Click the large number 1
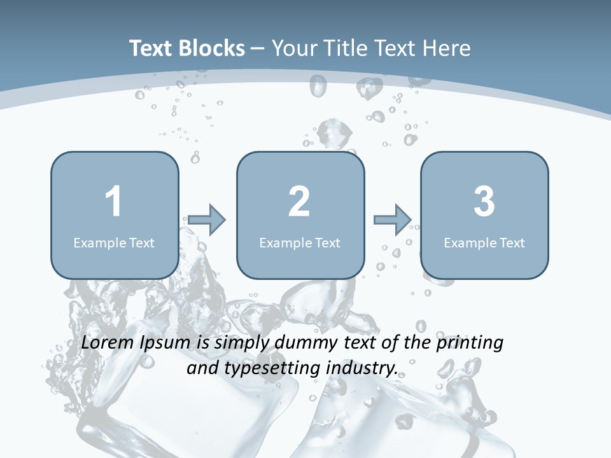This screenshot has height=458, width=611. click(114, 202)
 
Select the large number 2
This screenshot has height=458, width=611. click(299, 202)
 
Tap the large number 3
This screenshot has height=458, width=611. click(484, 202)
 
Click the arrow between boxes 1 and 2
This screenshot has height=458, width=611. click(207, 219)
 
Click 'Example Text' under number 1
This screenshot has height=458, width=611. click(114, 242)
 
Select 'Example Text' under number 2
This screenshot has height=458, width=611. click(300, 242)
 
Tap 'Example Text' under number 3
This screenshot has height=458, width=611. click(484, 242)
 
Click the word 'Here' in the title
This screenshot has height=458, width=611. click(448, 48)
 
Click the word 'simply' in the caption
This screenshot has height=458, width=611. click(242, 343)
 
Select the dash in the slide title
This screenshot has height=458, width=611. click(258, 49)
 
